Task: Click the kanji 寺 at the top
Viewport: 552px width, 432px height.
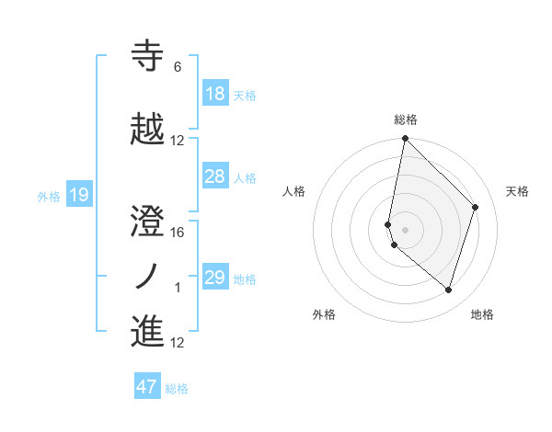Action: pos(147,56)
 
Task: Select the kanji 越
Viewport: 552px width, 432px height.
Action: pos(147,130)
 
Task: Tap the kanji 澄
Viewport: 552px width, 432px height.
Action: pos(147,222)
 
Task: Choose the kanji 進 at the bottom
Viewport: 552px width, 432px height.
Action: pos(147,332)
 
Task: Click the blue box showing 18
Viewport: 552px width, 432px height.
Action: pos(215,93)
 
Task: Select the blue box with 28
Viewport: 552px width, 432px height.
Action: pos(215,176)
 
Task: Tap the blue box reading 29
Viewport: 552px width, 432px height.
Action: pos(215,278)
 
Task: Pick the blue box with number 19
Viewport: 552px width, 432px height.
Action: pos(78,194)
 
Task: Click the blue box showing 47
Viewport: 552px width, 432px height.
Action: pos(147,387)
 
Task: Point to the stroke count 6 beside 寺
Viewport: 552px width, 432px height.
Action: pos(178,67)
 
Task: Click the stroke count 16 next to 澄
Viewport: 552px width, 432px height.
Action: pos(178,233)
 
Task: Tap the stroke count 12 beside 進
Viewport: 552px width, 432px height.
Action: pos(178,344)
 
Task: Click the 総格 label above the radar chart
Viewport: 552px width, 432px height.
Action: pos(406,119)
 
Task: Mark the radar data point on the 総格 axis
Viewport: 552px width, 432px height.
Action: pos(405,139)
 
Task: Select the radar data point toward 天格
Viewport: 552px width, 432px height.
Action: pos(476,207)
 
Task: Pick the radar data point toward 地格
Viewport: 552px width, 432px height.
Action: pos(448,290)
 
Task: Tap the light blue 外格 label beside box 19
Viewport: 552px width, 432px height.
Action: pos(48,196)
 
